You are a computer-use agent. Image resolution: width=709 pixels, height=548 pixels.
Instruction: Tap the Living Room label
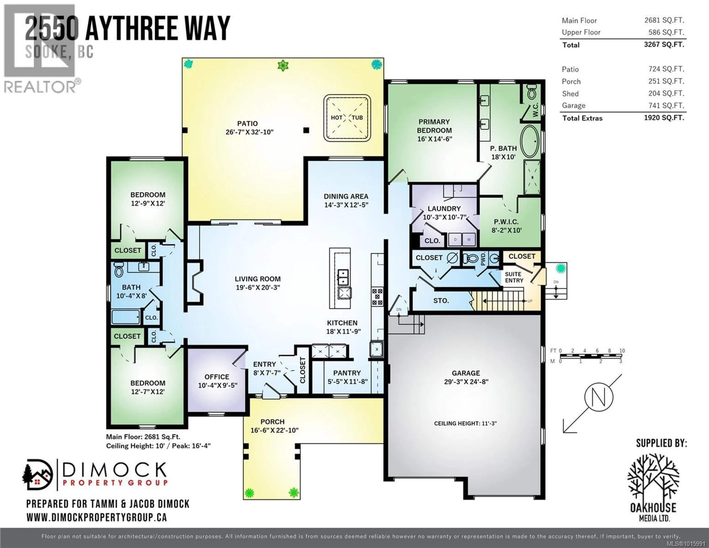point(257,279)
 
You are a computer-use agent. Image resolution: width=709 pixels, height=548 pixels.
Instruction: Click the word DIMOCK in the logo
point(114,470)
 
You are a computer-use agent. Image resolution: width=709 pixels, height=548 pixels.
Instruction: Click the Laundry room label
point(444,209)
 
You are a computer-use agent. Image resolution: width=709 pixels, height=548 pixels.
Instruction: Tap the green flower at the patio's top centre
point(283,66)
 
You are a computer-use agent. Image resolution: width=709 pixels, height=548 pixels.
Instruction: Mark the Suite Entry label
point(514,277)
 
